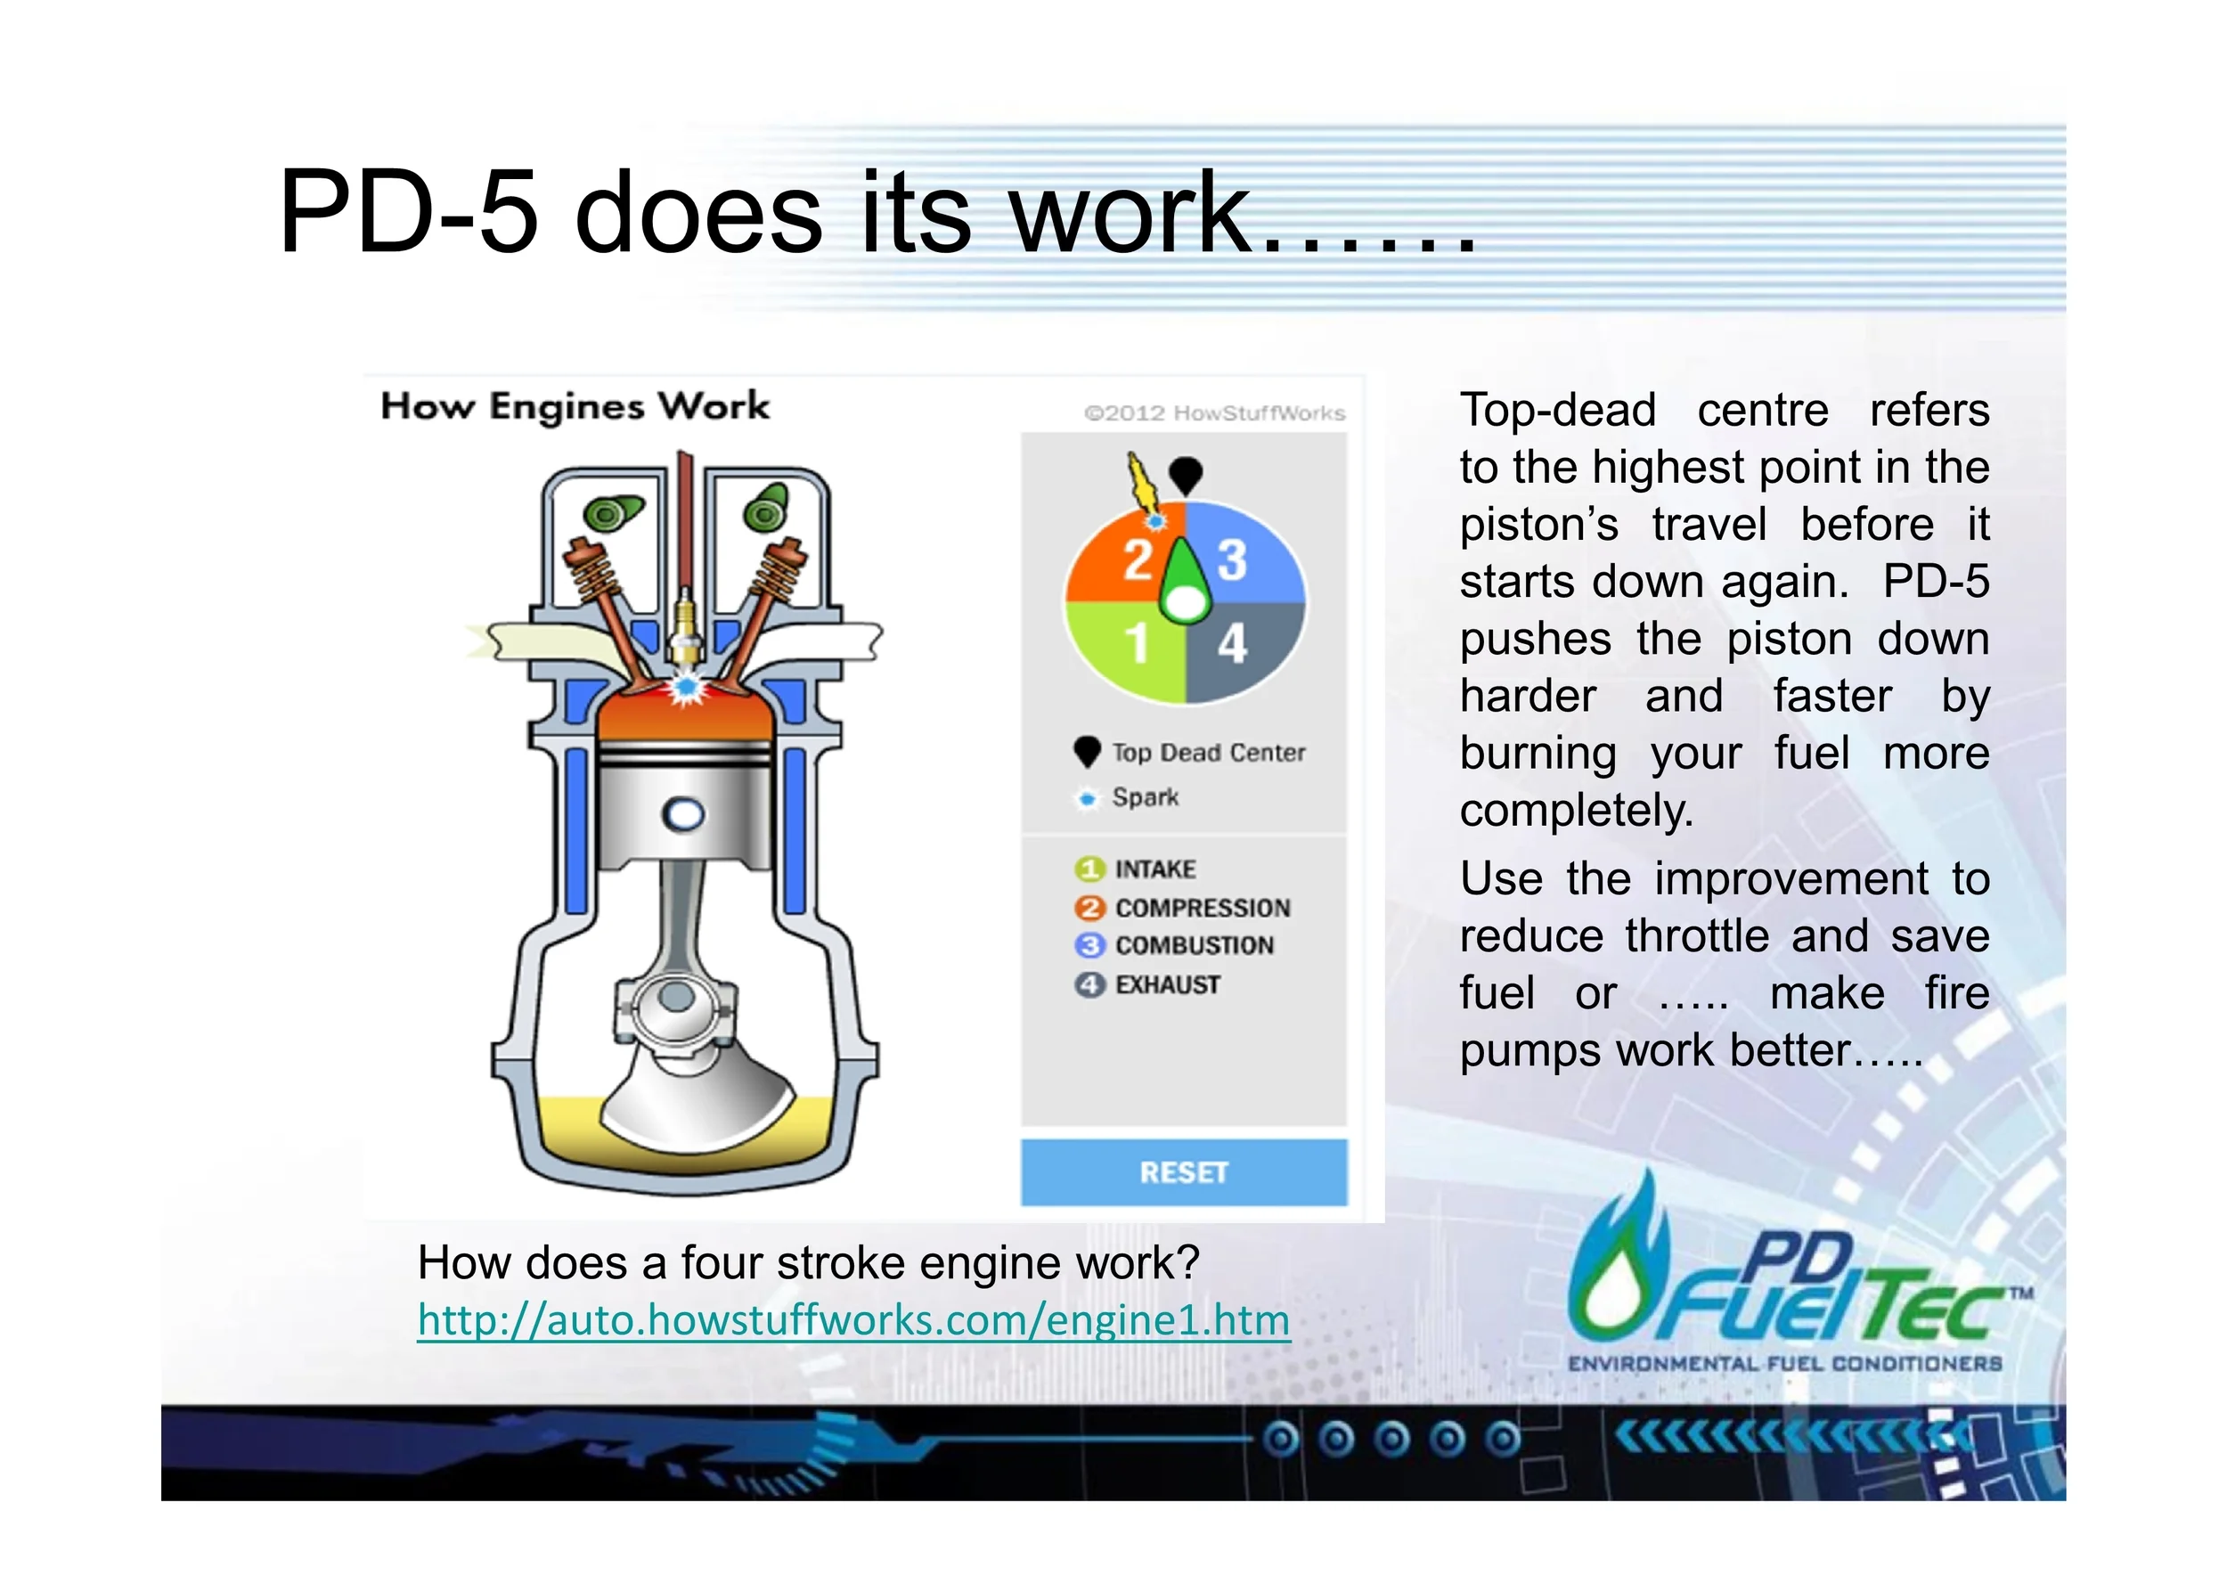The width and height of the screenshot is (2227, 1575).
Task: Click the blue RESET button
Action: tap(1183, 1172)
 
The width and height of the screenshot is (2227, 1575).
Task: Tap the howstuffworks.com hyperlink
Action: tap(853, 1320)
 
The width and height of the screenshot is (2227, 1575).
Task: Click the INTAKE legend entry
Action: tap(1154, 869)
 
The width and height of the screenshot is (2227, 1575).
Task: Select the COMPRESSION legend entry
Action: tap(1202, 908)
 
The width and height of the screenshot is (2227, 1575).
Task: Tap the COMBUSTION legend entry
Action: tap(1193, 945)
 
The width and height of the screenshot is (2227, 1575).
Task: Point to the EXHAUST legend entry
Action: tap(1167, 984)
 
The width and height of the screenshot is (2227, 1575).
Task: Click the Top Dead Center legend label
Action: tap(1208, 753)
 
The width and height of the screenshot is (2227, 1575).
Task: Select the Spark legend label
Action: tap(1145, 797)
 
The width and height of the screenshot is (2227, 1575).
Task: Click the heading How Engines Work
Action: tap(575, 406)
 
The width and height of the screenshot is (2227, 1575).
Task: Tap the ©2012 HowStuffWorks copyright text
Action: tap(1214, 413)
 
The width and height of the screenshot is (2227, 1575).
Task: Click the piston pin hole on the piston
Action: tap(684, 814)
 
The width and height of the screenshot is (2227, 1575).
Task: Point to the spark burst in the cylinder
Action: tap(687, 687)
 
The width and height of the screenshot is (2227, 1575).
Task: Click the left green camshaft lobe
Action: tap(611, 513)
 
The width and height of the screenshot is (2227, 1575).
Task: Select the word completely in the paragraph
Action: tap(1575, 811)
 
